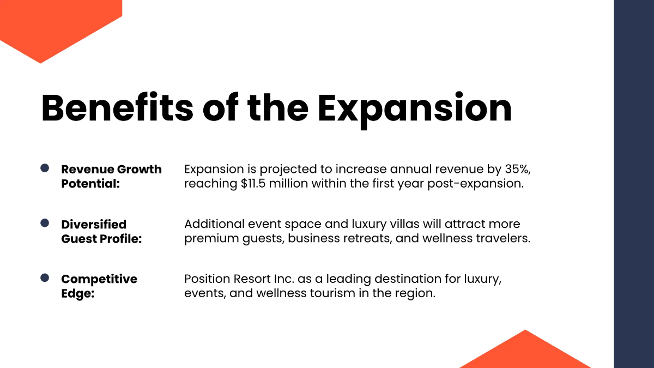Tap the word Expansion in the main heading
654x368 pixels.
coord(415,107)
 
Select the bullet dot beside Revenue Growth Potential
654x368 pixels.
coord(45,168)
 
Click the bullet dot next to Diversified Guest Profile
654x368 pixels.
coord(45,223)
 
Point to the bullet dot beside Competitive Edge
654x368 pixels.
coord(45,278)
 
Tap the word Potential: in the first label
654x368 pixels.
coord(90,184)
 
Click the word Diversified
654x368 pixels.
coord(94,224)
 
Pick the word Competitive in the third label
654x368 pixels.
coord(99,279)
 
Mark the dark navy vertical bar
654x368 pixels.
coord(634,184)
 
